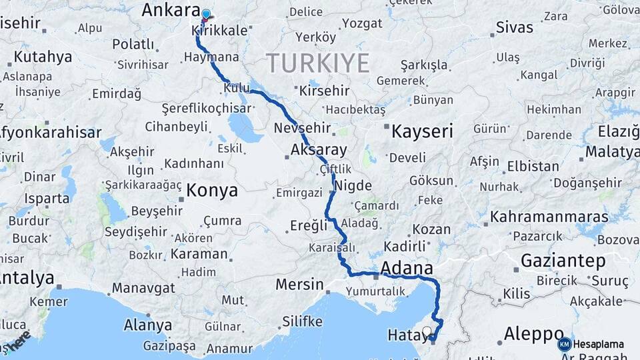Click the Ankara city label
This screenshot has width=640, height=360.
(x=171, y=11)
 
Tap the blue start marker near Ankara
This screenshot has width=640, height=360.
(x=205, y=14)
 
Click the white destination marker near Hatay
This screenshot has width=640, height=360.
(x=427, y=331)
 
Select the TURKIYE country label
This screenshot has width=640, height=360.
(x=318, y=63)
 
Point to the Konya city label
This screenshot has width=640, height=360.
(x=211, y=191)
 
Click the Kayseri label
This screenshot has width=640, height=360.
(x=422, y=131)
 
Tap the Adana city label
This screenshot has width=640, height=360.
(x=407, y=268)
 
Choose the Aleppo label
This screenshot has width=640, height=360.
(x=534, y=333)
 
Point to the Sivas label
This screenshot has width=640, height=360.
(x=515, y=28)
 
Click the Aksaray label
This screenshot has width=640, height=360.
(x=319, y=150)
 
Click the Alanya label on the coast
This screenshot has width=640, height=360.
(x=147, y=326)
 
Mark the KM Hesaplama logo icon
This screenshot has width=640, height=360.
(x=565, y=344)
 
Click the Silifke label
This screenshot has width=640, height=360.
(x=303, y=321)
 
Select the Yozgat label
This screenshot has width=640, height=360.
(x=362, y=24)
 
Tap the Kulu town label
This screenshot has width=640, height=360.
(x=237, y=88)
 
